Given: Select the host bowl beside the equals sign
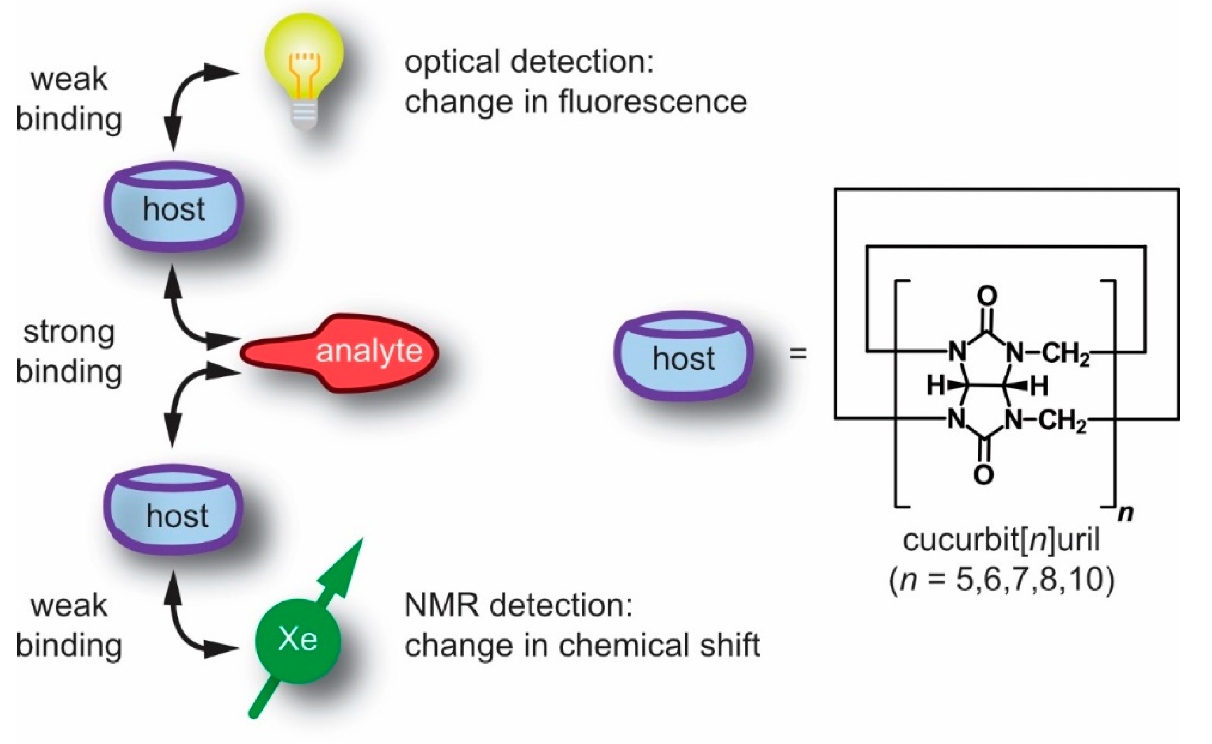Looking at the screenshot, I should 683,355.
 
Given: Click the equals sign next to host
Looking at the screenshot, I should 798,353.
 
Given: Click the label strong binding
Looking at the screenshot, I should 69,352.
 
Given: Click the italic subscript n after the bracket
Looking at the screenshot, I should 1126,514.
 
